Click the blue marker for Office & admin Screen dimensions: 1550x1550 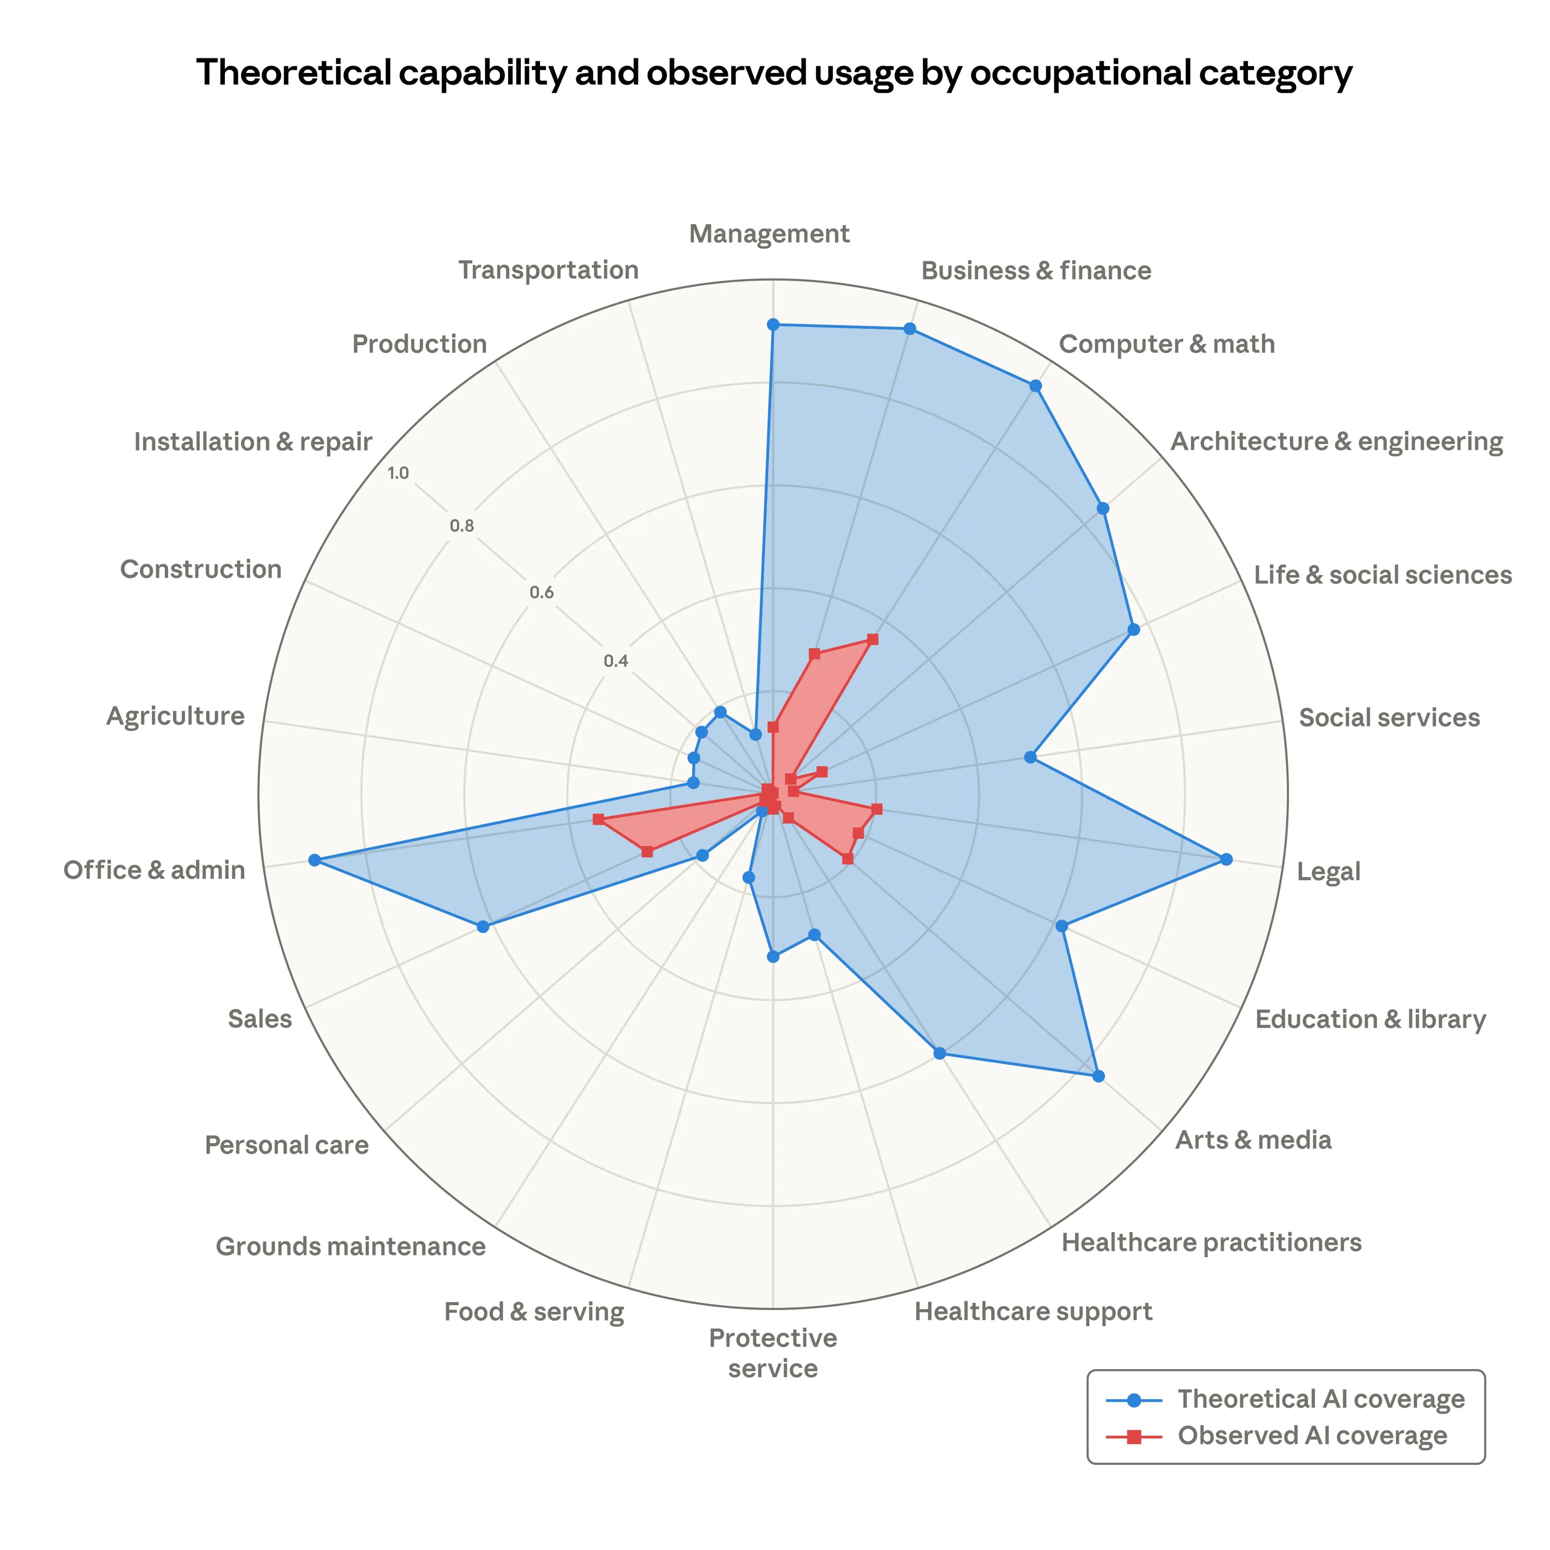pyautogui.click(x=314, y=861)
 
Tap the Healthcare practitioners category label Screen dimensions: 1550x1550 pyautogui.click(x=1211, y=1243)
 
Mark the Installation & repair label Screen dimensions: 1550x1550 pyautogui.click(x=253, y=442)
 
